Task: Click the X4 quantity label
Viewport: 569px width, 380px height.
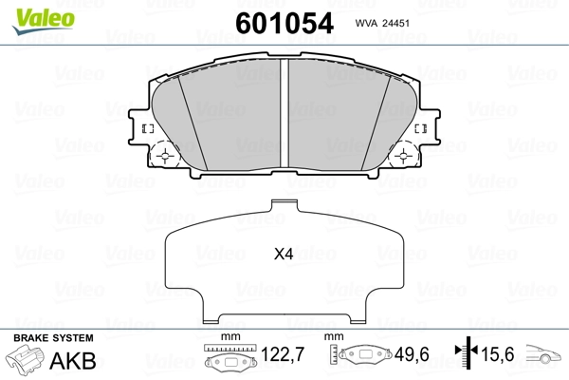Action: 284,255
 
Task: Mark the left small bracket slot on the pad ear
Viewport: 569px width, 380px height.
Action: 146,128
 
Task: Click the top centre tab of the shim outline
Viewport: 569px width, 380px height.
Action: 285,206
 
